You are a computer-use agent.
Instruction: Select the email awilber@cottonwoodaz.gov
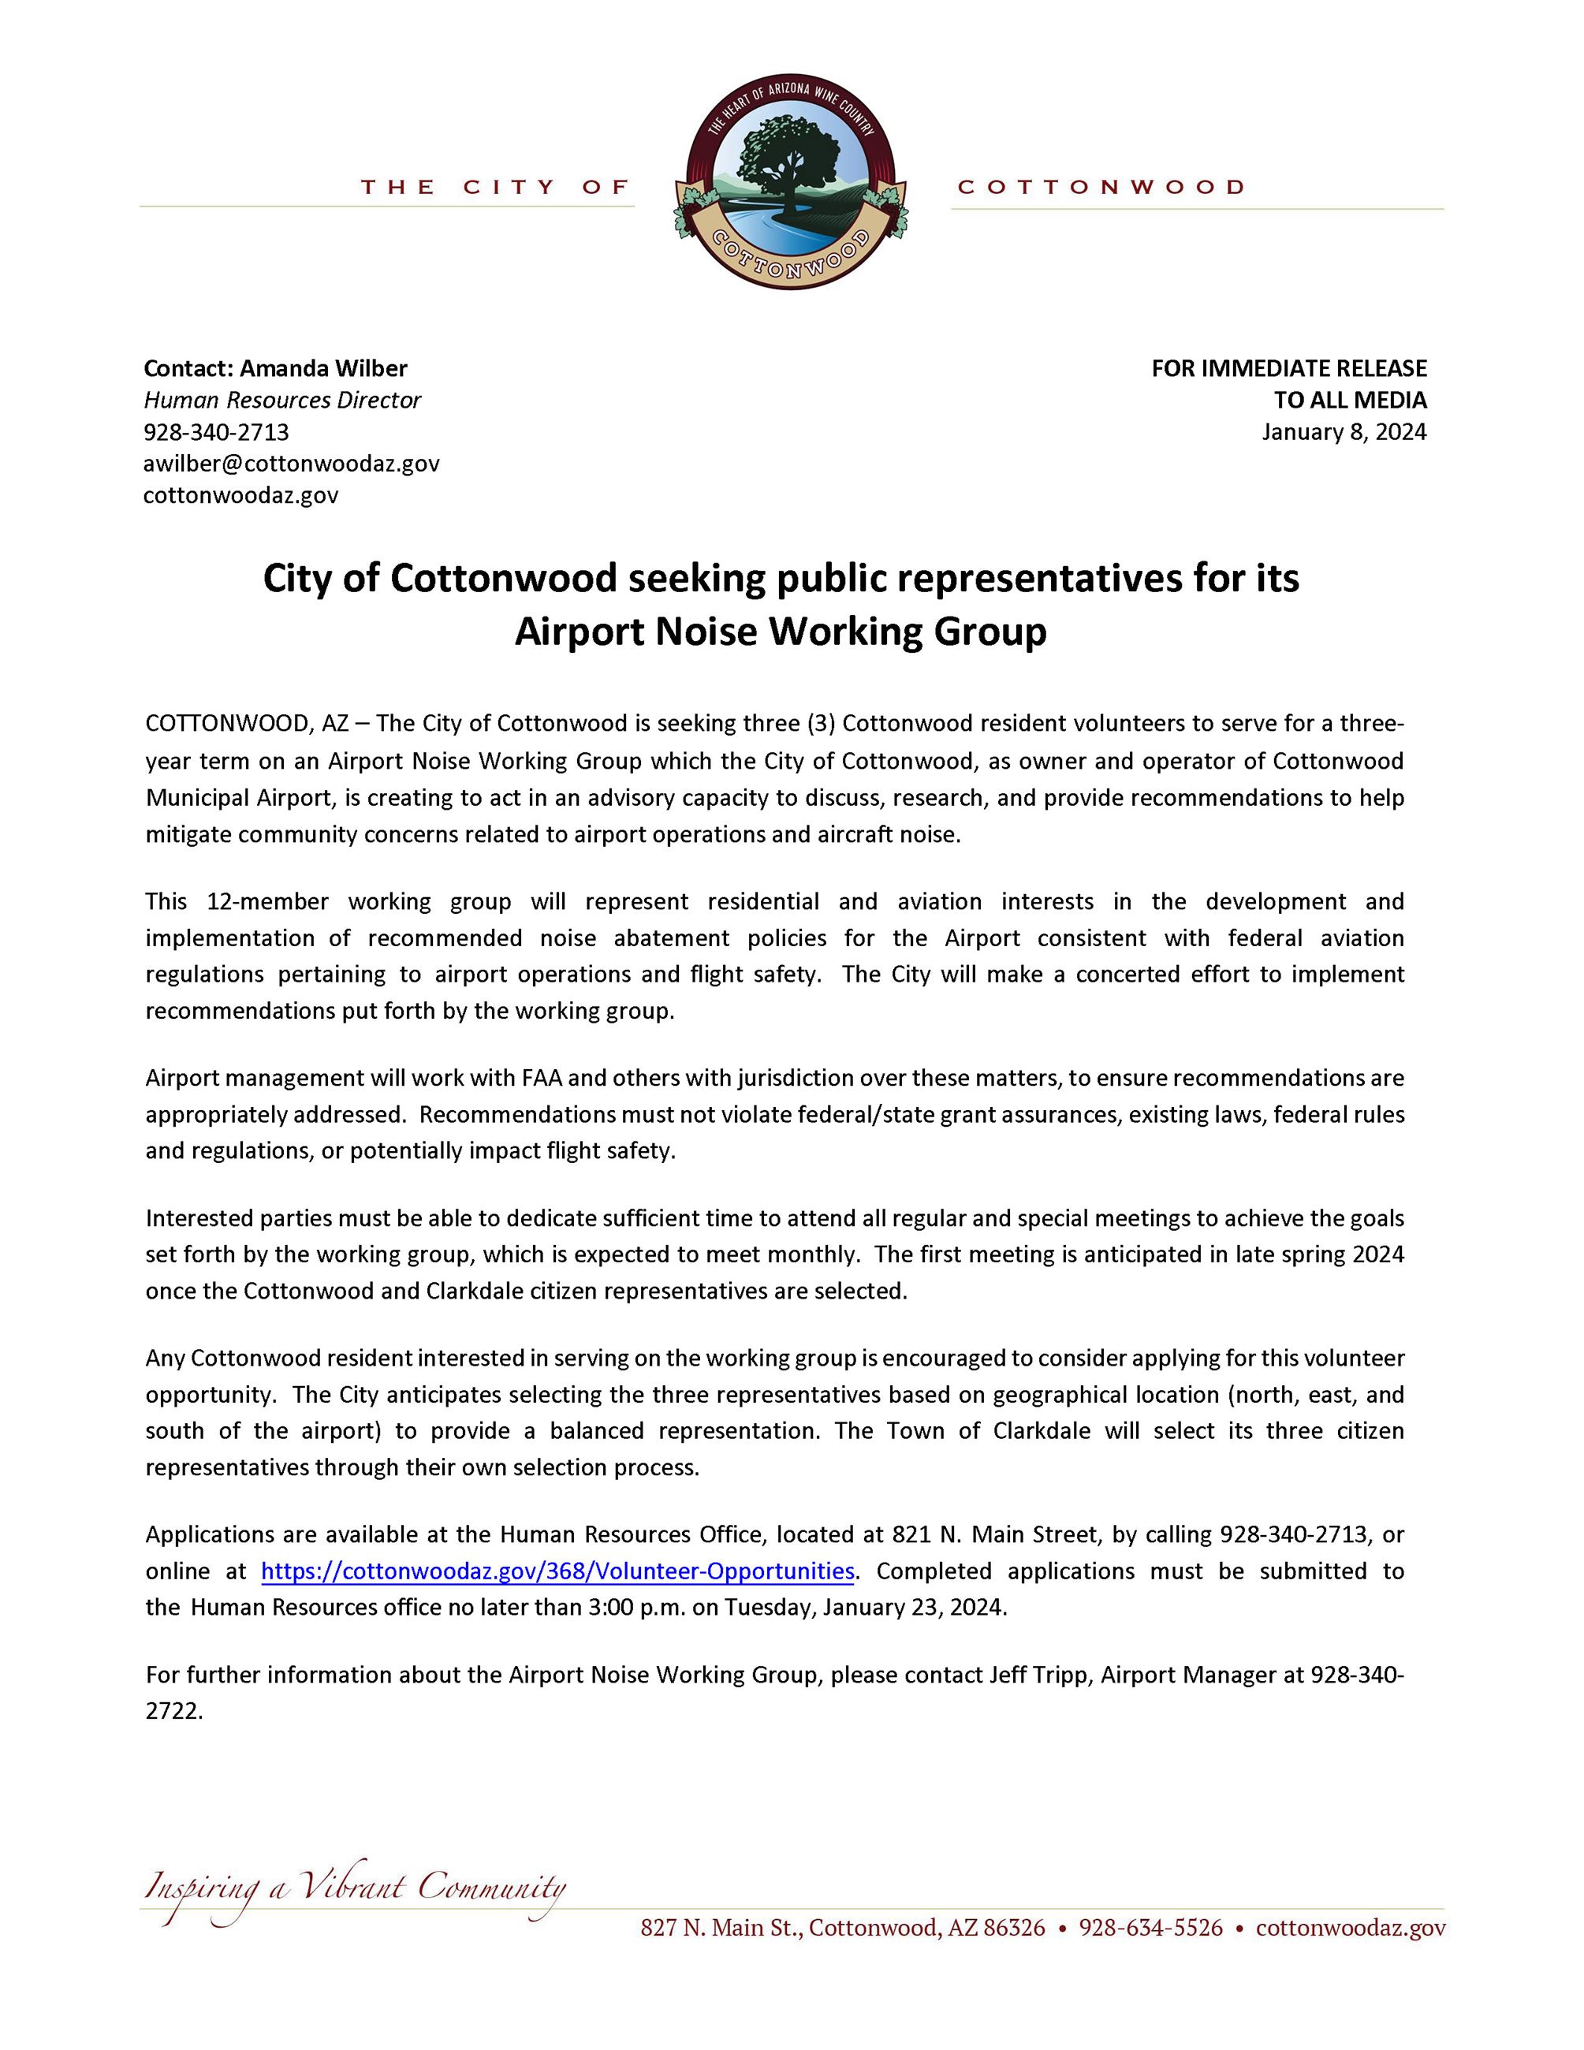coord(291,463)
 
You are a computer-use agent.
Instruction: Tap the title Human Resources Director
coord(281,400)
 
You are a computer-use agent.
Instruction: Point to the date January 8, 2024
coord(1343,432)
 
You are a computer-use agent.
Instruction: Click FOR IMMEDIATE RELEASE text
coord(1288,368)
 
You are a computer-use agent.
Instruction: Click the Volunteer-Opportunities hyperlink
coord(557,1571)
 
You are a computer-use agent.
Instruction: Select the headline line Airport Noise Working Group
coord(780,632)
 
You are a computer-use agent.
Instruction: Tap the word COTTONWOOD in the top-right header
coord(1101,188)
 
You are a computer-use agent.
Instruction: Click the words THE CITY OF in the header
coord(494,188)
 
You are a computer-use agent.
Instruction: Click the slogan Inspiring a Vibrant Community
coord(355,1888)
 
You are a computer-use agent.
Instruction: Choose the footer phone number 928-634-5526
coord(1150,1928)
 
